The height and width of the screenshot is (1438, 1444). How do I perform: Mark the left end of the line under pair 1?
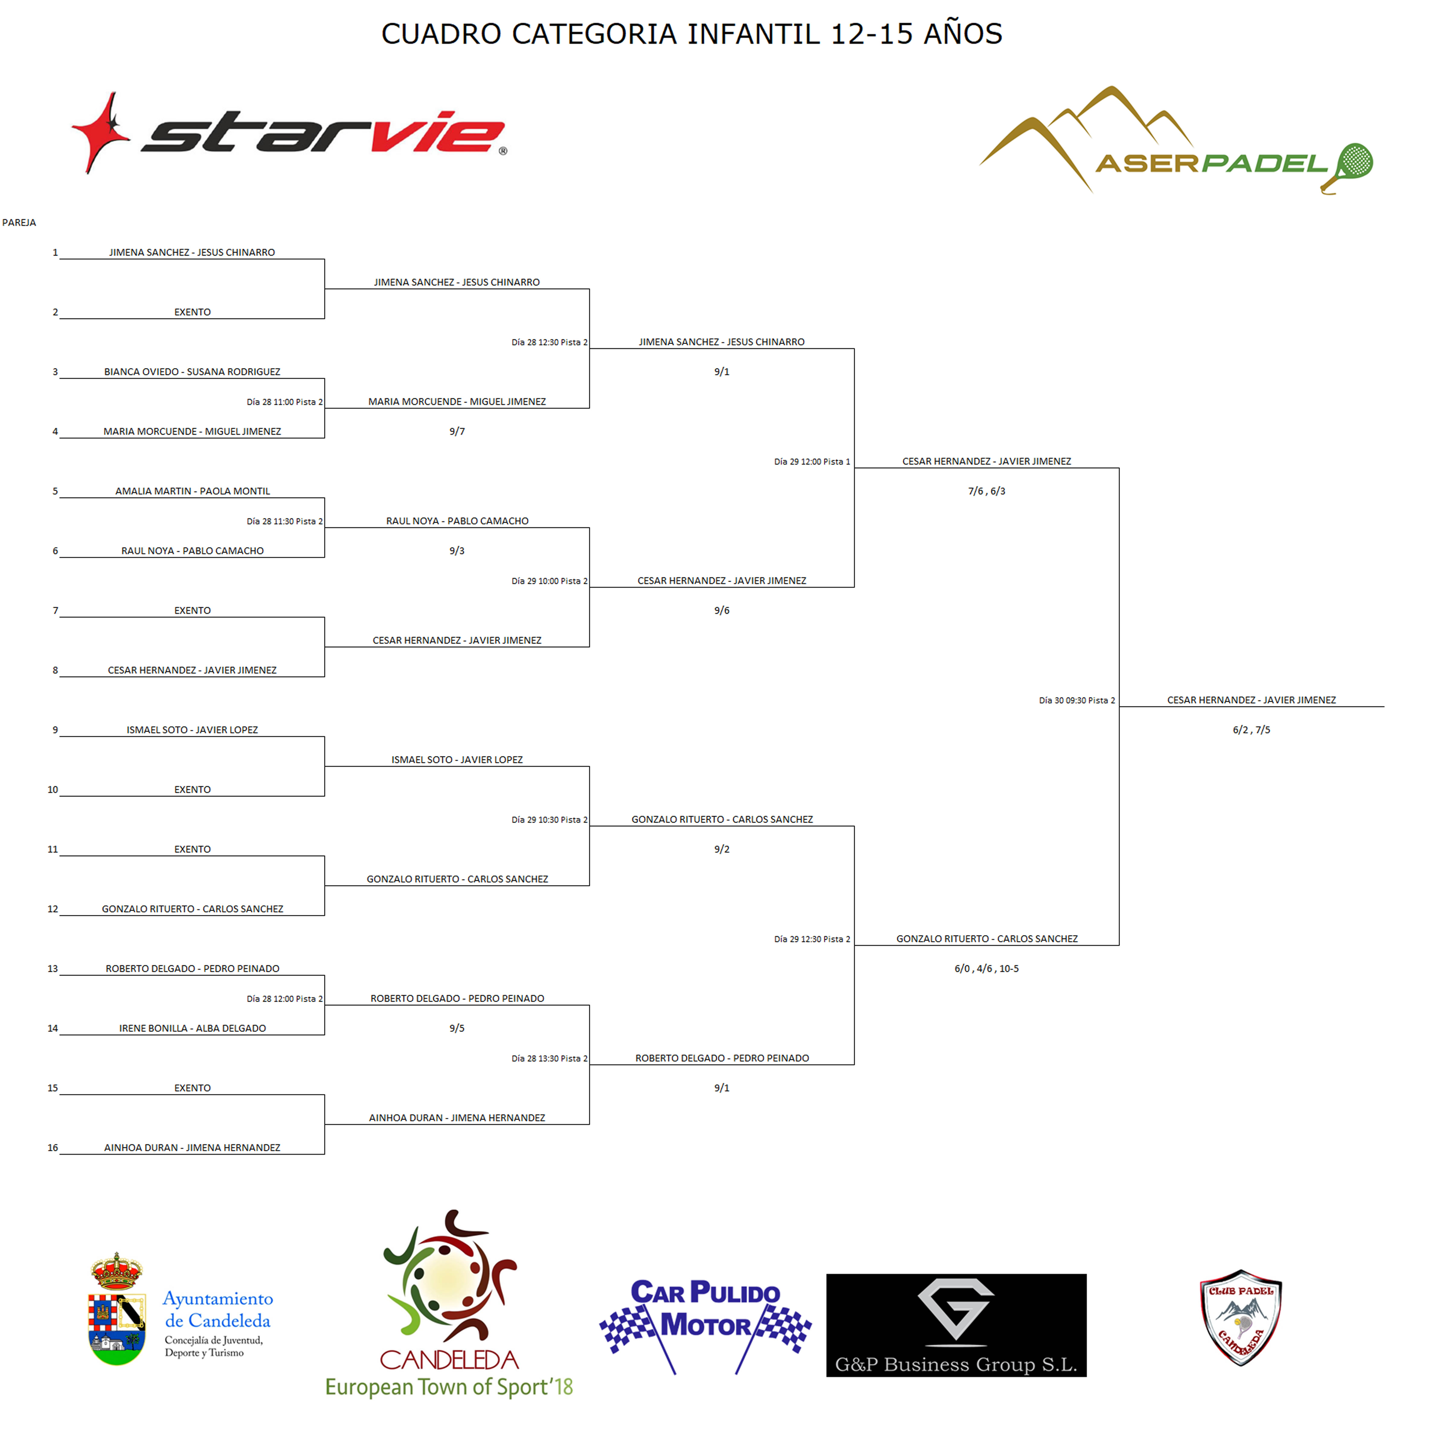coord(60,259)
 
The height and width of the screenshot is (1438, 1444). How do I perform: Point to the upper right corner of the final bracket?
coord(1119,468)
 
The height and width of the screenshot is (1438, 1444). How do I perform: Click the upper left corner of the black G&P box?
coord(827,1274)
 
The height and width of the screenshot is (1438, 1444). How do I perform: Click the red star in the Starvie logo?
coord(101,133)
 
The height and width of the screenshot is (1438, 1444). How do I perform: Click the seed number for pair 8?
coord(55,670)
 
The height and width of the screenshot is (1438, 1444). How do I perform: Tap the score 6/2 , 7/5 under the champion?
coord(1251,730)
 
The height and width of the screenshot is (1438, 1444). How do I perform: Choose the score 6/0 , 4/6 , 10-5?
coord(987,969)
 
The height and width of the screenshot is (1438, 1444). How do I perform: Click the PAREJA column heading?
coord(19,223)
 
